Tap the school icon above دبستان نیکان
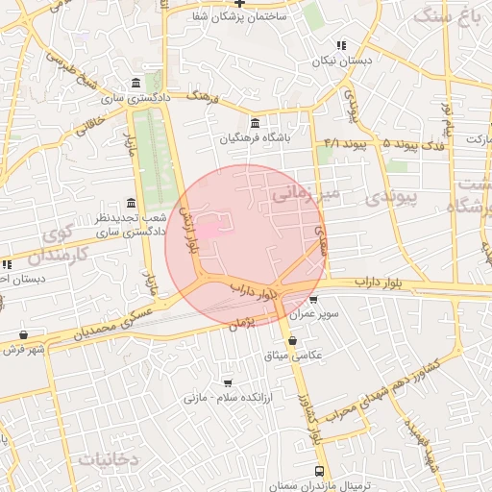pos(341,45)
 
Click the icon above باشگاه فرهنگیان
pos(254,123)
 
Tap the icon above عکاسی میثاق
pos(292,340)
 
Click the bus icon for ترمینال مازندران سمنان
pos(319,471)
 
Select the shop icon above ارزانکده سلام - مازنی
pos(228,381)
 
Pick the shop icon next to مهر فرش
pos(37,335)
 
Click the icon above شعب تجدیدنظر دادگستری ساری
pos(132,203)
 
